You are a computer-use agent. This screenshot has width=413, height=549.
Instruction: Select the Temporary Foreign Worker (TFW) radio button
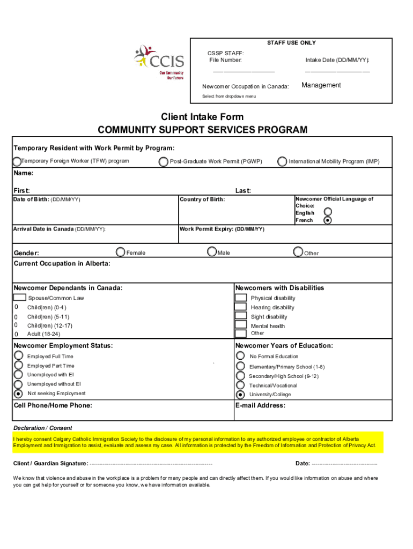tap(17, 161)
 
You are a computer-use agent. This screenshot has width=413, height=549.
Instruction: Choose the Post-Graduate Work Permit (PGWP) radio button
tap(163, 161)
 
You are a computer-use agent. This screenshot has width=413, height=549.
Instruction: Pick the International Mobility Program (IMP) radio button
tap(282, 161)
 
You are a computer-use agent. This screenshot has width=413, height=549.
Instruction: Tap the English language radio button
tap(328, 212)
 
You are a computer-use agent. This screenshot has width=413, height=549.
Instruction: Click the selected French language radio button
tap(328, 220)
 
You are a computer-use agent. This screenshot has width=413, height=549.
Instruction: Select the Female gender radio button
tap(121, 251)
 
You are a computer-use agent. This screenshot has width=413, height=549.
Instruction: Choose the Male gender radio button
tap(212, 251)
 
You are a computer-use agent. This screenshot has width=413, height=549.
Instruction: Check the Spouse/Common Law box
tap(19, 298)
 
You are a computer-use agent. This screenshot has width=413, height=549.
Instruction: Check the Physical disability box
tap(241, 298)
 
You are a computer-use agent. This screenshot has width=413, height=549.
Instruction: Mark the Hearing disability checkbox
tap(241, 307)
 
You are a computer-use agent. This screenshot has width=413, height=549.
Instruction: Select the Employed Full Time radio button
tap(18, 356)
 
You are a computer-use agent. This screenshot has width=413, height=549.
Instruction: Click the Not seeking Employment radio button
tap(18, 394)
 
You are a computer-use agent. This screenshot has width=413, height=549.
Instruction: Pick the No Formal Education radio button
tap(241, 356)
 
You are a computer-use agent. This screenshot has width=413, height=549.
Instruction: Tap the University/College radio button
tap(241, 394)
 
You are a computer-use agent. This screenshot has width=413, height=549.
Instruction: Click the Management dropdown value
tap(321, 85)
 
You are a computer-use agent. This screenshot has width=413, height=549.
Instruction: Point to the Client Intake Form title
tap(202, 117)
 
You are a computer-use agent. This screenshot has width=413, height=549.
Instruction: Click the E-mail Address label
tap(260, 405)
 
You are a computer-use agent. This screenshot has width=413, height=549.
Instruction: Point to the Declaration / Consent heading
tap(43, 428)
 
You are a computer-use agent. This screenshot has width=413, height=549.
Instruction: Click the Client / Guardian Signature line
tap(151, 464)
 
